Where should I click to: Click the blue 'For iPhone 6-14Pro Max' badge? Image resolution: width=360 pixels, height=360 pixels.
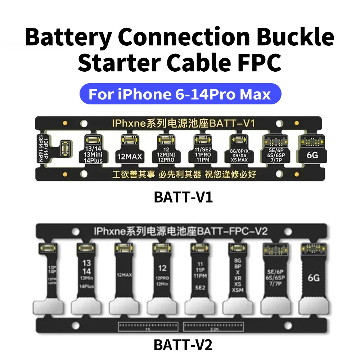point(180,94)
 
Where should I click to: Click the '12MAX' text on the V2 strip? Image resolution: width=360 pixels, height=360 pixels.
point(122,275)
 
